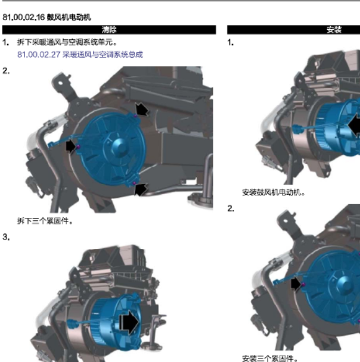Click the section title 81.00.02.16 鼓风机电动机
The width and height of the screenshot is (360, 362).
click(x=46, y=17)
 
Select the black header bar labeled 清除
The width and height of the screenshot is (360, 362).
click(x=109, y=30)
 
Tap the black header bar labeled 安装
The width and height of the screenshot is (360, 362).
click(x=293, y=30)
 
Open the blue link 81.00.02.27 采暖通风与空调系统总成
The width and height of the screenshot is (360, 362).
click(x=80, y=55)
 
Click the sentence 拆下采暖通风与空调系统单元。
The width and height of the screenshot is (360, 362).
click(x=67, y=42)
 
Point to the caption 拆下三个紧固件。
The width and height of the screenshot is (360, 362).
click(x=45, y=221)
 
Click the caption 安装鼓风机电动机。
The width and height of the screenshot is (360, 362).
click(x=274, y=192)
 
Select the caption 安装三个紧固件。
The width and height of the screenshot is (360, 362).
click(x=270, y=358)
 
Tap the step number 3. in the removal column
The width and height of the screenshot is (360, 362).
click(x=6, y=237)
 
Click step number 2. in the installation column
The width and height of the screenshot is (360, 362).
click(x=231, y=208)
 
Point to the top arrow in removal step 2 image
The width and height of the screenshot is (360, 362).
click(x=142, y=109)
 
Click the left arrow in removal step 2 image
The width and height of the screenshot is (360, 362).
click(x=70, y=146)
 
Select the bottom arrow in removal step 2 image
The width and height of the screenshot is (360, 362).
click(x=141, y=189)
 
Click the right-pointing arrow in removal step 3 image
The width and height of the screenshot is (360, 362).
click(x=129, y=323)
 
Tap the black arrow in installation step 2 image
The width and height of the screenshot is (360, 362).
click(x=296, y=284)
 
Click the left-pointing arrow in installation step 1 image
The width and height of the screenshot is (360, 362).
click(x=354, y=126)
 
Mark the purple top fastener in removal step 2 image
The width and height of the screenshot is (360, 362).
click(x=136, y=116)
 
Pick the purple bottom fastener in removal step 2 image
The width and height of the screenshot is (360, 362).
click(x=134, y=183)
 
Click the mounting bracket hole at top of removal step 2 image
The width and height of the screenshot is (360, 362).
click(x=60, y=83)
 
